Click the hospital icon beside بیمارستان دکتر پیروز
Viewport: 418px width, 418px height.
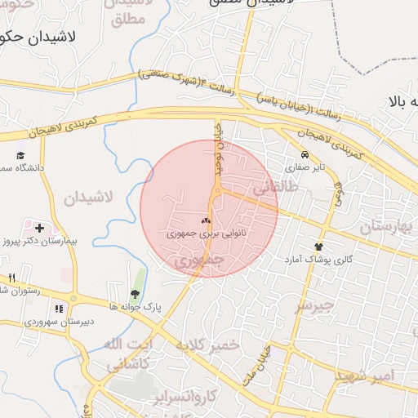(x=39, y=228)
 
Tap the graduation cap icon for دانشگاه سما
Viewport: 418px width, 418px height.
(x=20, y=155)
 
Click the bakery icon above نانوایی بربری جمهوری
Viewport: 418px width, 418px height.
(x=206, y=220)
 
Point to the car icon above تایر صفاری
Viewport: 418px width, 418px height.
(x=305, y=154)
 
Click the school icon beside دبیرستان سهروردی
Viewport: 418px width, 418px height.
(x=58, y=309)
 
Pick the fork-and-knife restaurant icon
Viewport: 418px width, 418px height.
(x=11, y=278)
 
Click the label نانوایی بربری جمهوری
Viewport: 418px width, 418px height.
(x=206, y=233)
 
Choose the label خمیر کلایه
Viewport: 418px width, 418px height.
(x=206, y=345)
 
